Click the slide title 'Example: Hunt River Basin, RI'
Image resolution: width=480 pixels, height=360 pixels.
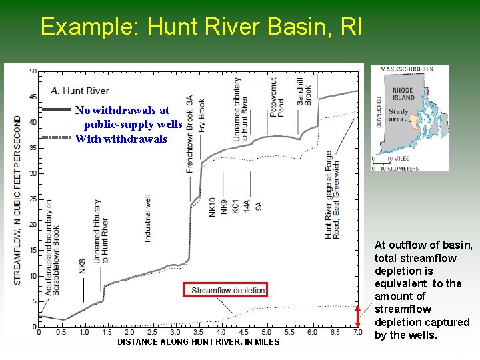pos(201,27)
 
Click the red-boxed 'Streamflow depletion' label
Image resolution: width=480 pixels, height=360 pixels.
pos(229,290)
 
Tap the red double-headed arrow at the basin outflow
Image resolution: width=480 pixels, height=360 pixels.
pos(358,317)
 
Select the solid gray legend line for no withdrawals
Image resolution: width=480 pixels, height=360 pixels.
pos(56,109)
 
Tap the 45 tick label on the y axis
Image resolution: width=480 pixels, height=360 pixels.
pos(33,97)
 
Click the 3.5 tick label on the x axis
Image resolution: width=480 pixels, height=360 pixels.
pos(198,332)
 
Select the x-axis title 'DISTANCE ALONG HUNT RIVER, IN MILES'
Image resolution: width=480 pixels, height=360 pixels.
pos(199,342)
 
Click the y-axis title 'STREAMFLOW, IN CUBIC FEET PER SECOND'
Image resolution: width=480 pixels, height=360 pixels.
pos(17,200)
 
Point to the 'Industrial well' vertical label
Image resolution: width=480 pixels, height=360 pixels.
pos(148,217)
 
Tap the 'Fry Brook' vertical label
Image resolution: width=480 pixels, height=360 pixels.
pos(201,115)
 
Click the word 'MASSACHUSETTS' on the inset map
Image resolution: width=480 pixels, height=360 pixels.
pos(407,69)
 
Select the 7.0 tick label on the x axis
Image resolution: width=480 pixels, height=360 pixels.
pos(355,332)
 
